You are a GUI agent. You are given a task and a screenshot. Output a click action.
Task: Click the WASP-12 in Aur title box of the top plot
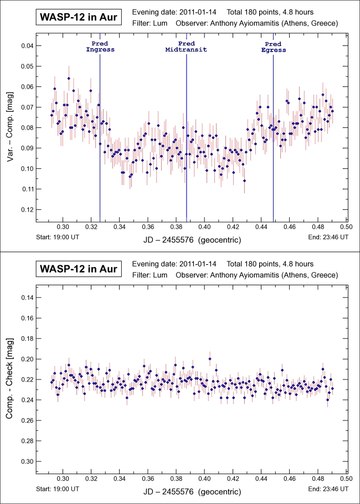78,17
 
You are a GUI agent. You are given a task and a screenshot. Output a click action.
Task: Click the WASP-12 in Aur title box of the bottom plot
78,269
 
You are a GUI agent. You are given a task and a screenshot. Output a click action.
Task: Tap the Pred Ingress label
100,47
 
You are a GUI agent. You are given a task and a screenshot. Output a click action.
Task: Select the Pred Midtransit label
187,47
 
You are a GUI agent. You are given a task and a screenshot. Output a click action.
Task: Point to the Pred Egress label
273,47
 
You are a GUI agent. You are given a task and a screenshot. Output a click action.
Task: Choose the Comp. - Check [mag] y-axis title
11,380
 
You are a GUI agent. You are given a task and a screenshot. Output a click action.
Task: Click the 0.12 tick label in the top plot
26,210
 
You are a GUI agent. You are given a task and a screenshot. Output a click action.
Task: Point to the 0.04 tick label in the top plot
26,46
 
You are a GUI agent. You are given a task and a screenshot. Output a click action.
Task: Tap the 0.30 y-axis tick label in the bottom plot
26,461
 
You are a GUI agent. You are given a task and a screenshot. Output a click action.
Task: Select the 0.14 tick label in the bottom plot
26,298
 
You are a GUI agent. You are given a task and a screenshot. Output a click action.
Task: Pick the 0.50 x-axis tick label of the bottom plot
346,479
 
